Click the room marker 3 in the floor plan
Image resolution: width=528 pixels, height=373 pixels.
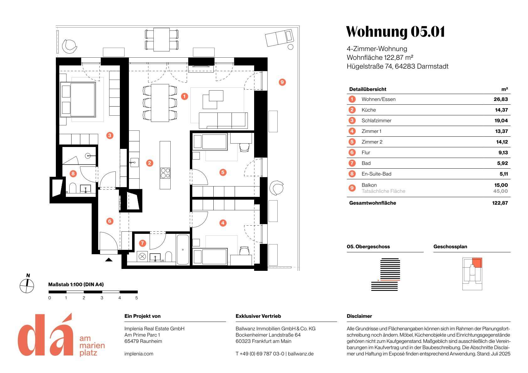[x=109, y=135]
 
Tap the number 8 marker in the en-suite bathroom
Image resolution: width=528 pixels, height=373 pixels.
[x=73, y=173]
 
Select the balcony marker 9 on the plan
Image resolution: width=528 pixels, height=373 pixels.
[x=282, y=82]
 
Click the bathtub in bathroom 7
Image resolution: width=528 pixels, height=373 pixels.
[x=183, y=250]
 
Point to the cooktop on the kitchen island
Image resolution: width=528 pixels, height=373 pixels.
[x=165, y=173]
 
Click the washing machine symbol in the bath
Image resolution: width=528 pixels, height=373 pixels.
[x=142, y=256]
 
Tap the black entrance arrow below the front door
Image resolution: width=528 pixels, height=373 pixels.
[x=109, y=260]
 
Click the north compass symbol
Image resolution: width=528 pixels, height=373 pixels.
[x=27, y=286]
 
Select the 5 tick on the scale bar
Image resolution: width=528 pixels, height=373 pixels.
[x=136, y=298]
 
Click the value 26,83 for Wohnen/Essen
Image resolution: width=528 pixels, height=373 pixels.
[x=501, y=99]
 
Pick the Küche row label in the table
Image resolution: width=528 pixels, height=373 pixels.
[x=369, y=110]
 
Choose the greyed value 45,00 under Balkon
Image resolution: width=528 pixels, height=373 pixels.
[x=500, y=191]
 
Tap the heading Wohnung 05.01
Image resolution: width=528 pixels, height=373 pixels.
[x=395, y=32]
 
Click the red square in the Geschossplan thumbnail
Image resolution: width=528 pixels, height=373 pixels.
[x=477, y=262]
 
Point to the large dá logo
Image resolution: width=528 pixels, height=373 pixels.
[x=45, y=335]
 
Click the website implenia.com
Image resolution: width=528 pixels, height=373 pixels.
[x=139, y=354]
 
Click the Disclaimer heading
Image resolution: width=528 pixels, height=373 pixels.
[x=359, y=316]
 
